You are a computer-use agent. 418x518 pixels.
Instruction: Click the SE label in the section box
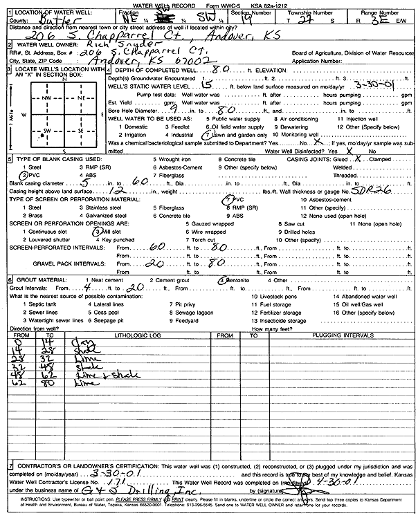coord(81,130)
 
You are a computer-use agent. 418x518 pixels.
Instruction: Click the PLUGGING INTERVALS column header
coord(326,335)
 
